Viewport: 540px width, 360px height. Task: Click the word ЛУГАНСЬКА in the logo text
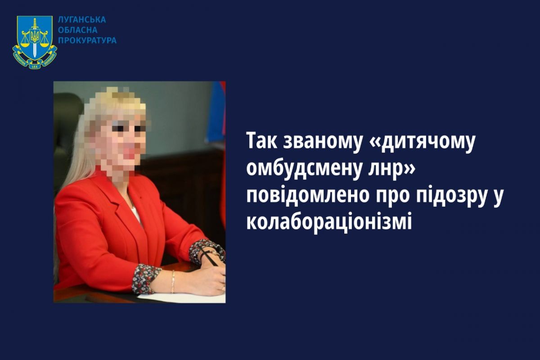tap(82, 20)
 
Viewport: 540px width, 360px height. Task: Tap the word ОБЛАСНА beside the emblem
tap(78, 30)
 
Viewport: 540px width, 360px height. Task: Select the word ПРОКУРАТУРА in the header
tap(87, 40)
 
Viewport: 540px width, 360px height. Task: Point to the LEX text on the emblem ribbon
tap(35, 65)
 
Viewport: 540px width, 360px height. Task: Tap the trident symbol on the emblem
tap(35, 36)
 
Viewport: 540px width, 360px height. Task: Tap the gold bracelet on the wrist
tap(173, 281)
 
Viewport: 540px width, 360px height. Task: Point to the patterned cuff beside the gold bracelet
tap(146, 279)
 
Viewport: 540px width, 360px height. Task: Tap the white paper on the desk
tap(183, 297)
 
